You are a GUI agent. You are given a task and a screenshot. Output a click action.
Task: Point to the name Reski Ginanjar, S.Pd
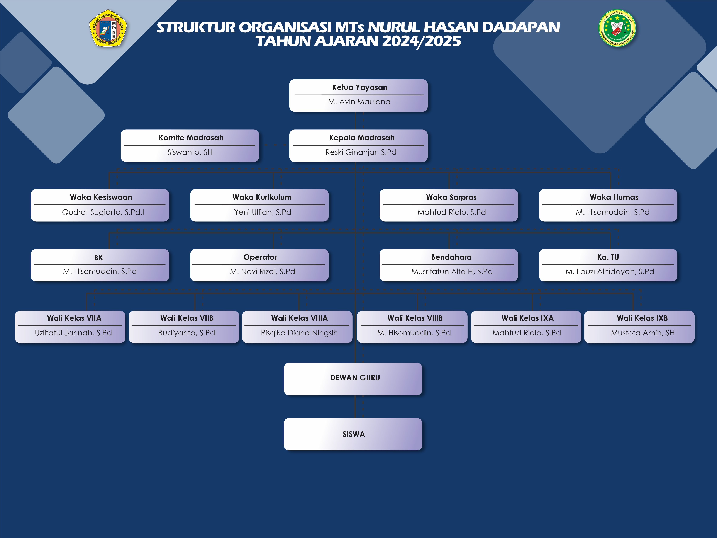coord(361,152)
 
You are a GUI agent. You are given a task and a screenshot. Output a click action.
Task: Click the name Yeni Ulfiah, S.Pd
coord(263,212)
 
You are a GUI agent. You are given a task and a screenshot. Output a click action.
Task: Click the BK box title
coord(98,257)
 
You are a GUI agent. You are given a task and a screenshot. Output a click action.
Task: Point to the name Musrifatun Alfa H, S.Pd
coord(452,271)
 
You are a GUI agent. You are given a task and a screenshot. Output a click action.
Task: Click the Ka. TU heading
coord(608,257)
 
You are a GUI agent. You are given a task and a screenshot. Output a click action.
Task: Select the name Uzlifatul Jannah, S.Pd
coord(73,333)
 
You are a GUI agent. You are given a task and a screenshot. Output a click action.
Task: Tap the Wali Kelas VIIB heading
coord(187,318)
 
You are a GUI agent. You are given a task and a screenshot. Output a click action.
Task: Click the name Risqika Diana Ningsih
coord(299,333)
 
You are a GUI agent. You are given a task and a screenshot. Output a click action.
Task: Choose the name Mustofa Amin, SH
coord(642,333)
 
